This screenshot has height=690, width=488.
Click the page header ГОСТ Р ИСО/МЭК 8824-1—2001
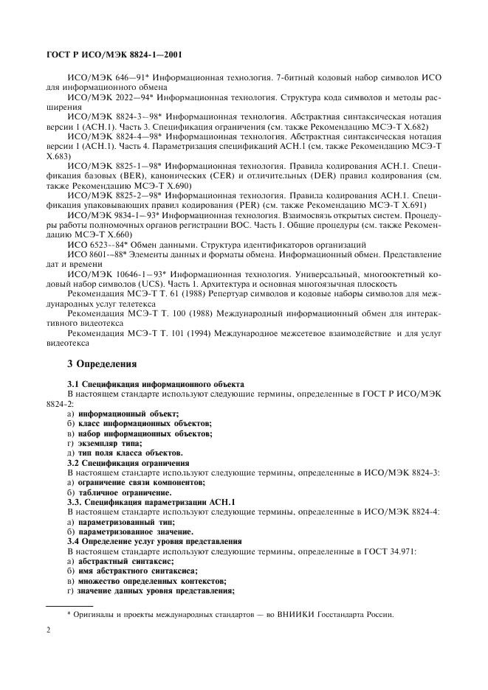[114, 55]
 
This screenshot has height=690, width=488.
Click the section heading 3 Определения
[103, 363]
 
